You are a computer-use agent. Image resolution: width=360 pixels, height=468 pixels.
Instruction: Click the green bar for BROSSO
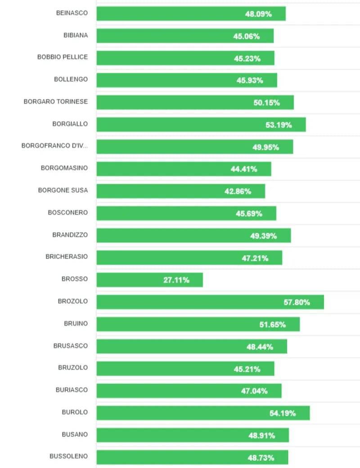click(149, 280)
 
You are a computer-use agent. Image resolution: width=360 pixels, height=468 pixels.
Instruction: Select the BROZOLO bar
click(210, 302)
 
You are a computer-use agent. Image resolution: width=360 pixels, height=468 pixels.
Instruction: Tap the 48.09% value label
click(258, 14)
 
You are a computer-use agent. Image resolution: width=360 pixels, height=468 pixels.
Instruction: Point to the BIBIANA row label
click(76, 36)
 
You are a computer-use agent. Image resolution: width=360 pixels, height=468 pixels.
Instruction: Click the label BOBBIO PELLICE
click(63, 58)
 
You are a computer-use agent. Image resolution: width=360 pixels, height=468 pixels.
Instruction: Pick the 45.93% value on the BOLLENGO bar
click(250, 80)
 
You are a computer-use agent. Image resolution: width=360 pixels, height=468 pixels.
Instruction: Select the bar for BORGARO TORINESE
click(195, 103)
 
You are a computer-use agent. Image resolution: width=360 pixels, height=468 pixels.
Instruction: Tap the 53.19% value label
click(279, 125)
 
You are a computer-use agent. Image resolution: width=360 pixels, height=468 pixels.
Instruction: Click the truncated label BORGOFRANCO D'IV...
click(54, 146)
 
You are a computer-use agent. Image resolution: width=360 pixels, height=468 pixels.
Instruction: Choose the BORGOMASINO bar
click(184, 169)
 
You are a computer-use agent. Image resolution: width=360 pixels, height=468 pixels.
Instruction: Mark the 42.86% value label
click(238, 191)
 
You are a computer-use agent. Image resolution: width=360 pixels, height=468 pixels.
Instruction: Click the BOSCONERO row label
click(68, 212)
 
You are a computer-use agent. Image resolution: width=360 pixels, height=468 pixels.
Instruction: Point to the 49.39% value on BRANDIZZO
click(263, 236)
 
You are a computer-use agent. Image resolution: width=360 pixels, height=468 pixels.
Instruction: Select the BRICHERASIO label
click(67, 257)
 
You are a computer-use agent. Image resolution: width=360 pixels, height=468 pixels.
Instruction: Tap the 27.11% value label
click(176, 280)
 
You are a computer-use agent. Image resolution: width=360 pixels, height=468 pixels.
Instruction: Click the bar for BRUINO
click(198, 324)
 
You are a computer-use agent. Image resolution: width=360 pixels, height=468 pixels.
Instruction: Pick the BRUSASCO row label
click(70, 346)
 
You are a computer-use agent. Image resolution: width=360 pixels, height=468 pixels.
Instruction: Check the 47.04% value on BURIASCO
click(254, 391)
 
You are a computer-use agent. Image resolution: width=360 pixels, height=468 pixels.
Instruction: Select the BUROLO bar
click(203, 413)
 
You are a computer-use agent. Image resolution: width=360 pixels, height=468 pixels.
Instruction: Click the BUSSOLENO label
click(68, 456)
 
